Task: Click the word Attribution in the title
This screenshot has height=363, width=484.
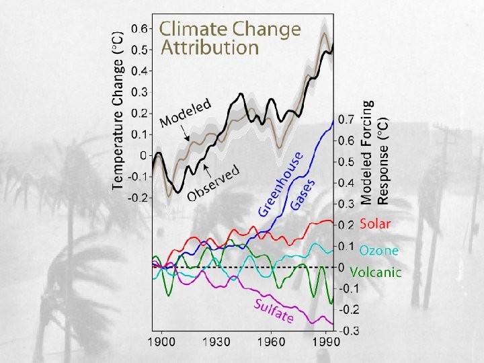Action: (x=209, y=48)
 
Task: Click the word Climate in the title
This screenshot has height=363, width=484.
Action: (x=193, y=29)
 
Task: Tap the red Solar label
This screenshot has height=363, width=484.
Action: (x=375, y=223)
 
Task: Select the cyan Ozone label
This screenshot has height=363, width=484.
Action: (x=378, y=251)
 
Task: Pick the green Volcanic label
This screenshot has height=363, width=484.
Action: (x=376, y=272)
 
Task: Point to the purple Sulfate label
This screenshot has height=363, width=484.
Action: (x=272, y=311)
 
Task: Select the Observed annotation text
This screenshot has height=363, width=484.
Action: (x=214, y=182)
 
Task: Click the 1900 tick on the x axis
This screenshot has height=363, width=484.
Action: (x=162, y=341)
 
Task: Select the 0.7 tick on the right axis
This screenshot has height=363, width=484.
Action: (x=348, y=120)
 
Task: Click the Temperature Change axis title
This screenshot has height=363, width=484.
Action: (x=118, y=111)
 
